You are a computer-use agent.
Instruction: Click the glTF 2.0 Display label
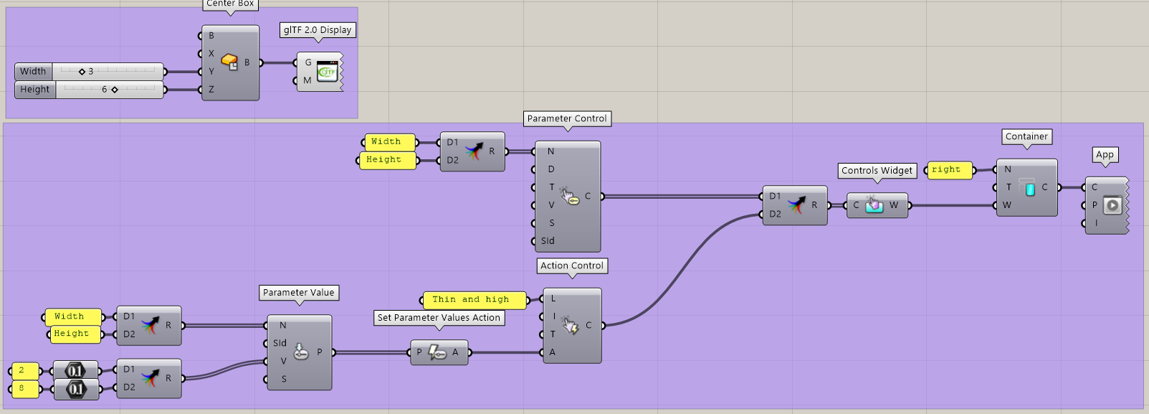click(x=318, y=30)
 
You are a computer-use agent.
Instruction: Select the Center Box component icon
click(x=229, y=62)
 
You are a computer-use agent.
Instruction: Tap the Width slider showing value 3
click(x=108, y=71)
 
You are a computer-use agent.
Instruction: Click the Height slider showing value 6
click(x=108, y=90)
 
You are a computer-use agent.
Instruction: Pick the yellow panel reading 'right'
click(x=949, y=169)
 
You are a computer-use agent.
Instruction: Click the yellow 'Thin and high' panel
click(x=473, y=299)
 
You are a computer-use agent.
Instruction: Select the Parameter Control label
click(x=567, y=118)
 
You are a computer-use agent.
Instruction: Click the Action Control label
click(x=572, y=265)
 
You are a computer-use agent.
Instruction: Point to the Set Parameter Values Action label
click(x=439, y=317)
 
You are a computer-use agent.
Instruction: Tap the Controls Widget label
click(x=877, y=170)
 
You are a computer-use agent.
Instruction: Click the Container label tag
click(x=1026, y=136)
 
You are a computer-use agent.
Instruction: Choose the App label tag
click(x=1105, y=154)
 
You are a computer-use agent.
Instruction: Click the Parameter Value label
click(x=298, y=292)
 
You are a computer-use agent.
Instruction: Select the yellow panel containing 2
click(x=24, y=370)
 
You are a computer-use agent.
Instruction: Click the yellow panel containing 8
click(x=24, y=388)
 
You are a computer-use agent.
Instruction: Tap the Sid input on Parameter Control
click(x=548, y=241)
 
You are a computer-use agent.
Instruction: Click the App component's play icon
click(x=1112, y=205)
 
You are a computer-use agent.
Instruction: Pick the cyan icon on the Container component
click(x=1029, y=188)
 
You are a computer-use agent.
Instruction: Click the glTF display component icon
click(x=327, y=71)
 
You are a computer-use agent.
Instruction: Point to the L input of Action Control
click(x=553, y=298)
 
